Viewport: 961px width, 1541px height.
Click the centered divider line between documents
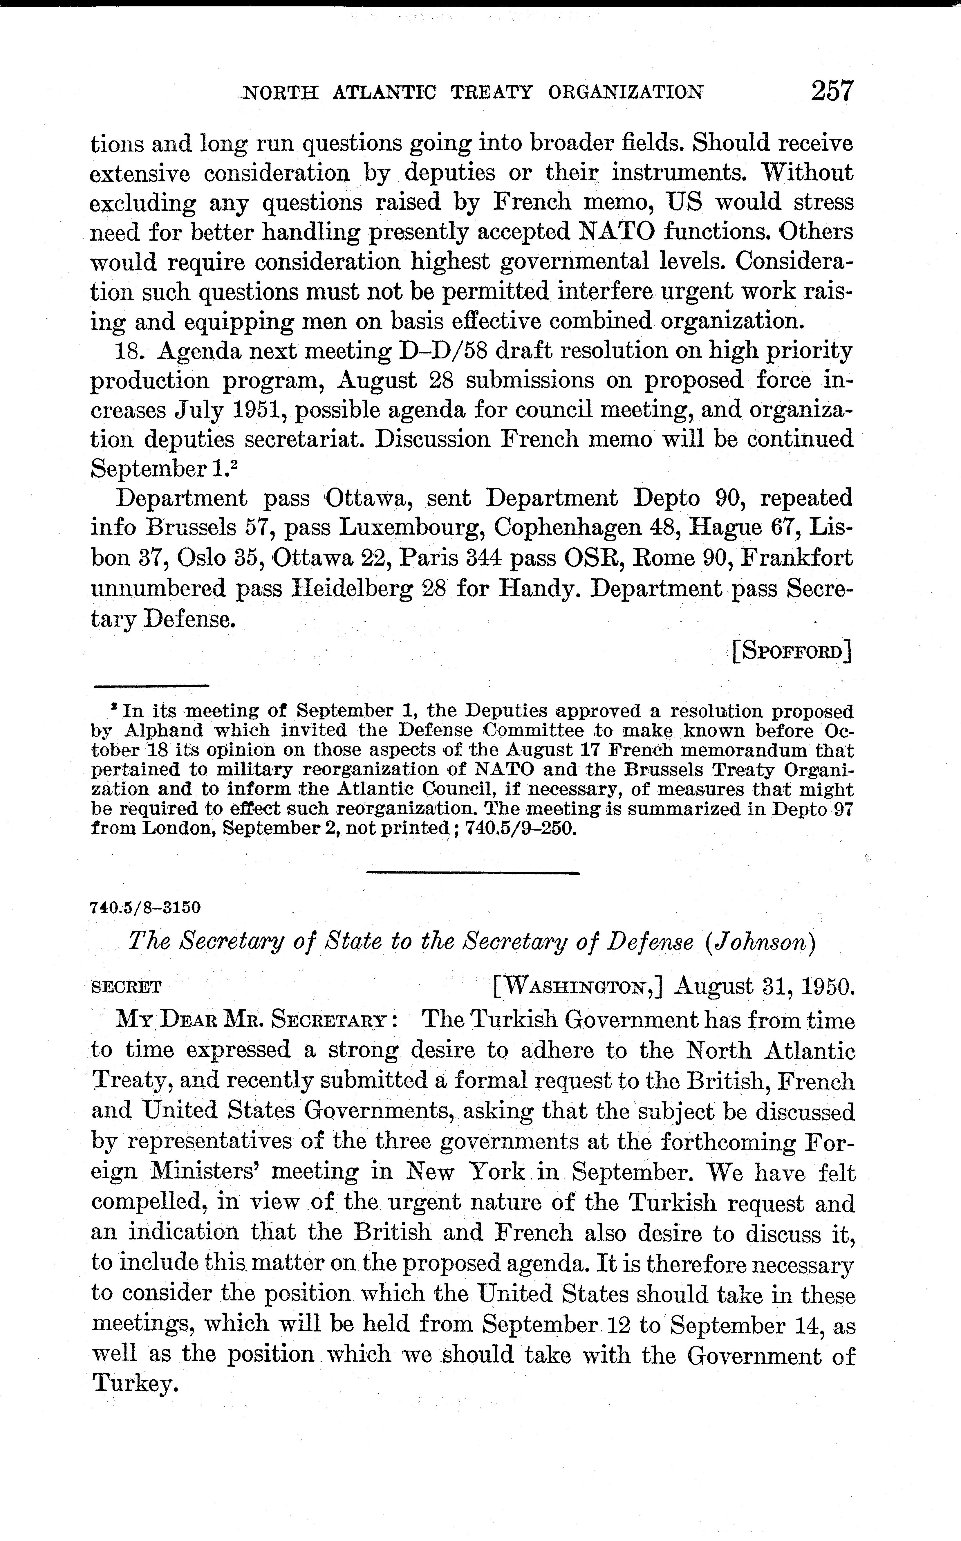click(474, 873)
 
